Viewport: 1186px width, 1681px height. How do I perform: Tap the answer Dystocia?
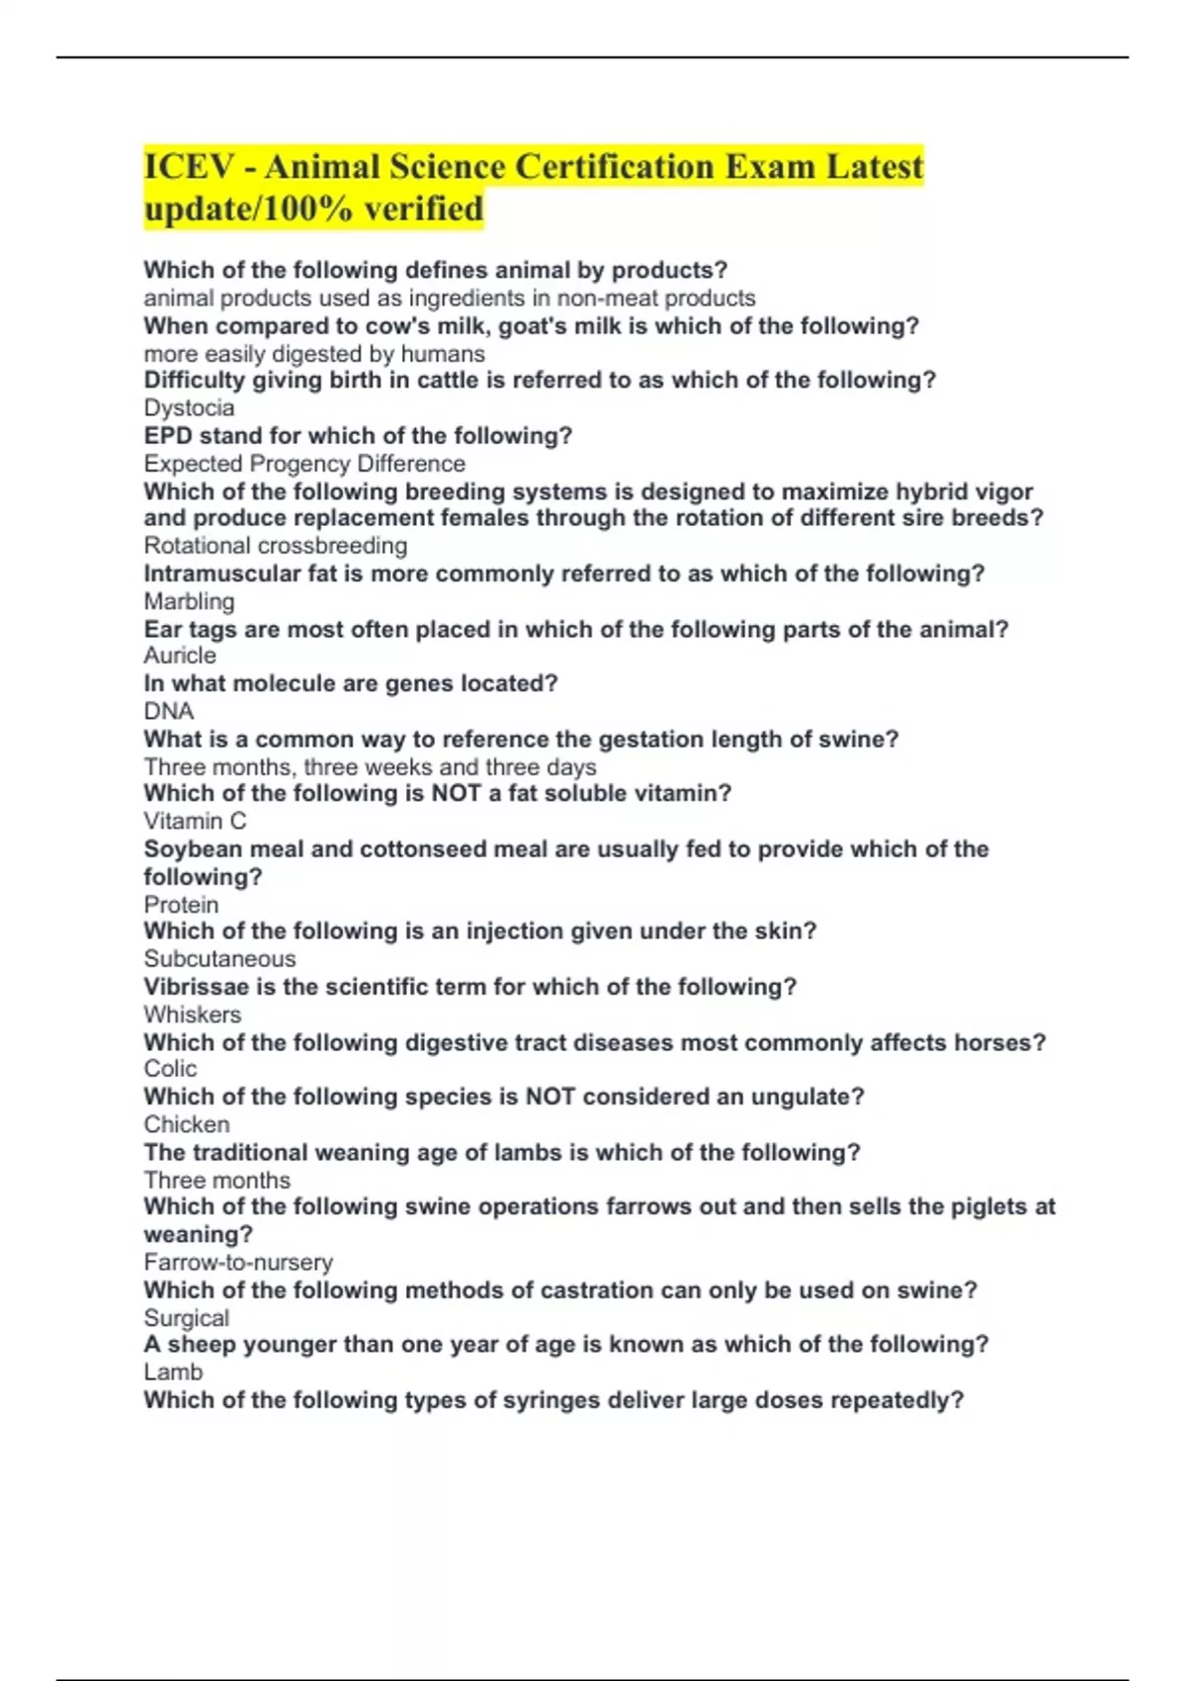189,408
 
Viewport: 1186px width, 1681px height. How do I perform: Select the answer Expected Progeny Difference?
304,464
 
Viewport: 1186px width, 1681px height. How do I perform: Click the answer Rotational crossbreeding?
275,546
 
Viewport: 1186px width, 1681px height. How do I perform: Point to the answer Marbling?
189,601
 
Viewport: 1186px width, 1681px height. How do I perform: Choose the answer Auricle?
180,656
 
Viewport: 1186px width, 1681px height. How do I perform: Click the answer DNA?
169,711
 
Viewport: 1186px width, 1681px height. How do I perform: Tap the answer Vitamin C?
195,821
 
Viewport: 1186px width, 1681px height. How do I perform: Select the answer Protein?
181,905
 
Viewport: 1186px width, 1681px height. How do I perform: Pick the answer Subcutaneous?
219,959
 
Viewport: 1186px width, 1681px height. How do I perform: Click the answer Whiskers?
192,1015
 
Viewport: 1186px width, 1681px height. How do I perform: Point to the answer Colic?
170,1069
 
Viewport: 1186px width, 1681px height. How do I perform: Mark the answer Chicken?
187,1124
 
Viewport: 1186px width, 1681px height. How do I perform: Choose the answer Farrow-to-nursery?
238,1263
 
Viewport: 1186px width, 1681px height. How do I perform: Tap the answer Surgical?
186,1318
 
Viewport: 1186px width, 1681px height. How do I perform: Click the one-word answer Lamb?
173,1372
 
